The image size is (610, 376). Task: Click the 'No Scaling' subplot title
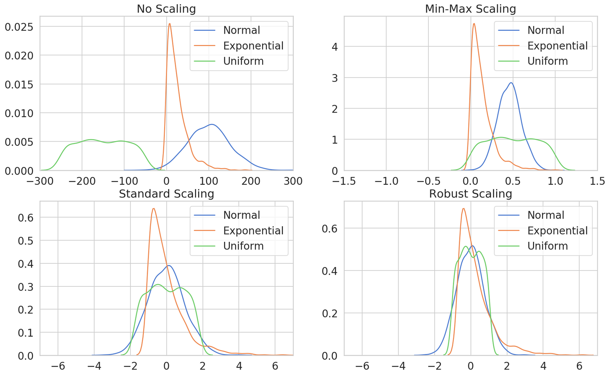click(x=166, y=9)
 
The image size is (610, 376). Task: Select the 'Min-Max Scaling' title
click(x=470, y=9)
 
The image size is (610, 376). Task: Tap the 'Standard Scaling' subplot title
click(x=166, y=194)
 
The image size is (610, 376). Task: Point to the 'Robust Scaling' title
click(x=470, y=194)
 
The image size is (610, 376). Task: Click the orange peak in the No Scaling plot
click(x=170, y=24)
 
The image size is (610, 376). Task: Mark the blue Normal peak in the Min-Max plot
click(x=511, y=83)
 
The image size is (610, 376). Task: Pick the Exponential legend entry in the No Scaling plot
click(x=253, y=46)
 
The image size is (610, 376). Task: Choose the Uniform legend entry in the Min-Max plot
click(x=547, y=61)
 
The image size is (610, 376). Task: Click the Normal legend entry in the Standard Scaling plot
click(x=242, y=215)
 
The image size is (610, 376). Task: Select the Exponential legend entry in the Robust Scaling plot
click(x=557, y=230)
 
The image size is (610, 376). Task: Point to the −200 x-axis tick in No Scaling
click(x=82, y=181)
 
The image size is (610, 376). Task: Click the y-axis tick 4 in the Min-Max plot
click(x=334, y=47)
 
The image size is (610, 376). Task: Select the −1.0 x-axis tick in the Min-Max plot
click(x=386, y=181)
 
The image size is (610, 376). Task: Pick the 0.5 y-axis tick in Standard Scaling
click(x=26, y=241)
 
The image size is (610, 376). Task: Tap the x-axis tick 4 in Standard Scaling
click(x=239, y=366)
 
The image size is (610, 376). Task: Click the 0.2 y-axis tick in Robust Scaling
click(x=329, y=313)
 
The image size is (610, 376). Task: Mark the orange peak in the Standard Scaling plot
click(x=153, y=209)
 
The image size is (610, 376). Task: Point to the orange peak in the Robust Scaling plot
click(x=463, y=209)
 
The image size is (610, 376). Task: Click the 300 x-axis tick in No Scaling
click(x=293, y=181)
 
